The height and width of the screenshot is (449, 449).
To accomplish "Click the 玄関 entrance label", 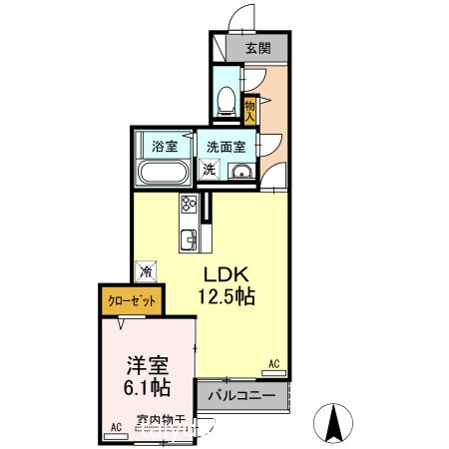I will pos(256,47).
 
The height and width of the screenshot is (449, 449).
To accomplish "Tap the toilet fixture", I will pos(226,99).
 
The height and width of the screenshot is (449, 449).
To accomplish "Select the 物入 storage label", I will pos(250,109).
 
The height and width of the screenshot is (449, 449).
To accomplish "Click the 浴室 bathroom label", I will pos(164,146).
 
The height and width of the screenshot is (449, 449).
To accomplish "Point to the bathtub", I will pos(164,172).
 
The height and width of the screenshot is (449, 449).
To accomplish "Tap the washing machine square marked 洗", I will pos(210,170).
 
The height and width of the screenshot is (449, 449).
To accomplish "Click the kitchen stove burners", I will pos(189,207).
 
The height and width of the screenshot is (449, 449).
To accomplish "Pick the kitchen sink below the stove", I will pos(189,239).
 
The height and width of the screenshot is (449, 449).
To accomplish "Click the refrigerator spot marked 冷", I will pos(147,269).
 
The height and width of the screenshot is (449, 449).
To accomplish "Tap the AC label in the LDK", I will pos(273,365).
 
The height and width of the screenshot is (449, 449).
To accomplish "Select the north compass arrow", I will pos(337,422).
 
